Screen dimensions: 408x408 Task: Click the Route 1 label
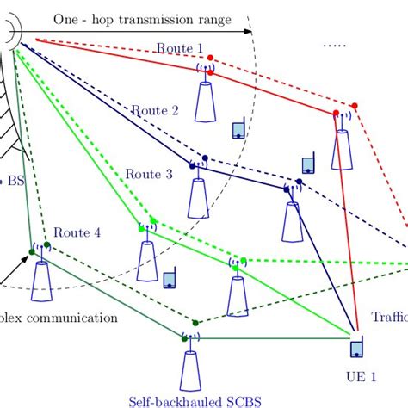pyautogui.click(x=180, y=49)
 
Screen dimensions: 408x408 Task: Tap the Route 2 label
pyautogui.click(x=155, y=110)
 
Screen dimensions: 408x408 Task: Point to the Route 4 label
pyautogui.click(x=77, y=232)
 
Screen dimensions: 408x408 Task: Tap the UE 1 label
pyautogui.click(x=361, y=376)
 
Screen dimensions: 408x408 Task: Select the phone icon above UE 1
pyautogui.click(x=356, y=349)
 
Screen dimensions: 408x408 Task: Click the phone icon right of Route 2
pyautogui.click(x=238, y=131)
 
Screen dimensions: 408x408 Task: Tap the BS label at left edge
pyautogui.click(x=15, y=182)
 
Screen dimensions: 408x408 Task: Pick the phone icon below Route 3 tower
pyautogui.click(x=170, y=280)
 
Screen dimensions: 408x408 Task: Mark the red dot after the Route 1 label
pyautogui.click(x=212, y=59)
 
